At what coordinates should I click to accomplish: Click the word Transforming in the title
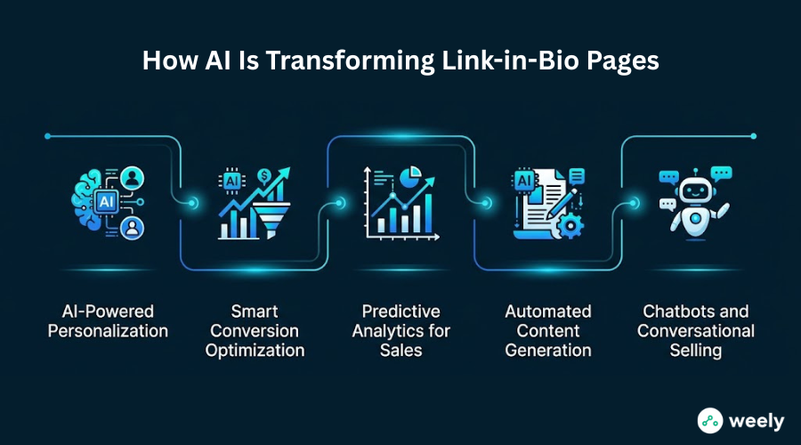(x=350, y=61)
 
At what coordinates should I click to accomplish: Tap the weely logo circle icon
(x=710, y=420)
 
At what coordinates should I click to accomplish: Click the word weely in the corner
(x=756, y=422)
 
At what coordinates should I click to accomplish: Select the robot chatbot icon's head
(x=695, y=191)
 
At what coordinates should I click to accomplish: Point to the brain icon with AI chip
(x=95, y=200)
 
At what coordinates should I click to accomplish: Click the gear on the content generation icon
(x=570, y=225)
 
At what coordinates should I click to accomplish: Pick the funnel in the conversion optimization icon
(x=271, y=220)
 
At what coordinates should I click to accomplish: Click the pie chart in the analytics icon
(x=410, y=177)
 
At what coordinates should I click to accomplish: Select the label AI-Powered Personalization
(x=108, y=321)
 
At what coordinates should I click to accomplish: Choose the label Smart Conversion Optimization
(x=255, y=330)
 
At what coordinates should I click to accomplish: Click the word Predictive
(x=401, y=311)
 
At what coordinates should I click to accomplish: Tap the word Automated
(x=548, y=311)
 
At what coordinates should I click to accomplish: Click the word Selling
(x=696, y=351)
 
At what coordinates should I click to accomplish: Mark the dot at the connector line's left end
(x=47, y=136)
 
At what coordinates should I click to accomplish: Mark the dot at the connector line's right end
(x=754, y=136)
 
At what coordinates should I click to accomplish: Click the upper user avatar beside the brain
(x=133, y=178)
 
